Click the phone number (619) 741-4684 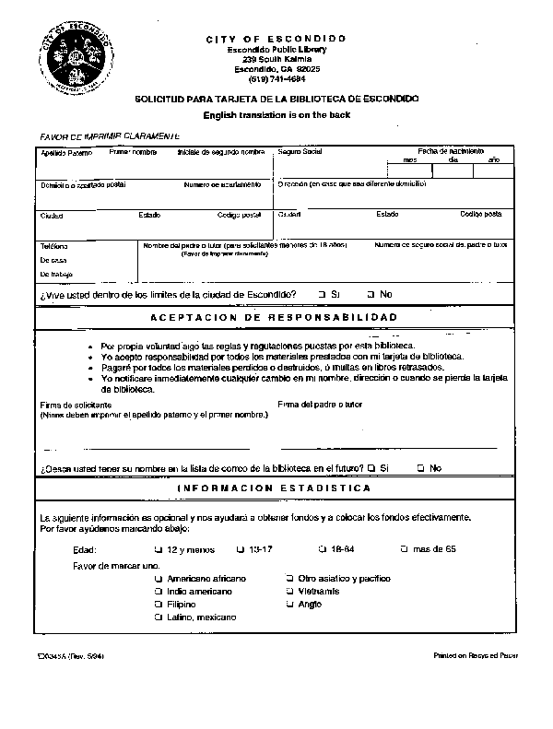(276, 78)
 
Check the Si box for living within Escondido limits (322, 294)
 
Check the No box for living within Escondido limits (371, 294)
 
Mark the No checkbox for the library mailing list (420, 467)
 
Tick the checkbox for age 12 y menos (158, 549)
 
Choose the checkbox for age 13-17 (240, 549)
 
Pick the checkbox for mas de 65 (404, 549)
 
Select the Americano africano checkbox (159, 578)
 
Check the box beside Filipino (159, 605)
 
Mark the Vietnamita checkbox (289, 591)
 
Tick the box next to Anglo (289, 605)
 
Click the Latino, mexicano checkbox (159, 617)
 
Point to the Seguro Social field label (300, 150)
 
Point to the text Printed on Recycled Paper (476, 655)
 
